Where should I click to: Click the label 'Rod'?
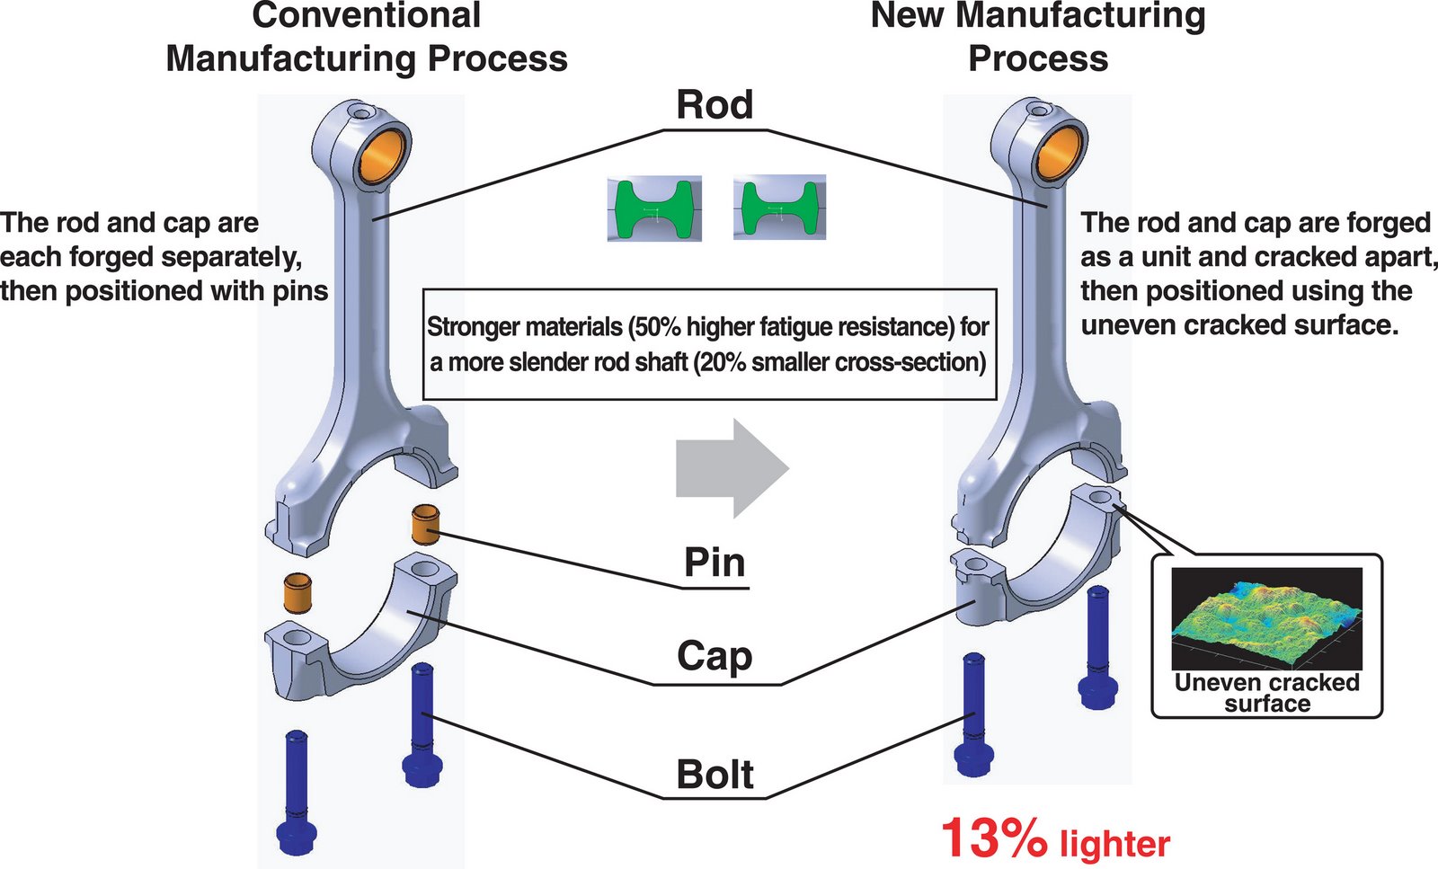coord(715,104)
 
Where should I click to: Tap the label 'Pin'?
coord(715,563)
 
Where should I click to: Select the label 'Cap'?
coord(715,656)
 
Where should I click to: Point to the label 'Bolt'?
coord(715,775)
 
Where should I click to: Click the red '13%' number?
coord(993,838)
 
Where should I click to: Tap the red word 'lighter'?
coord(1114,844)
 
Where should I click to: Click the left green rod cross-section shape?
coord(654,208)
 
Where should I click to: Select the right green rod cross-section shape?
coord(779,208)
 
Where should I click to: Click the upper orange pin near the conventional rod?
coord(425,525)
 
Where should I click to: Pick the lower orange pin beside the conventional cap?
coord(297,593)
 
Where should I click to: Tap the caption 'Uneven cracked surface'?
coord(1266,693)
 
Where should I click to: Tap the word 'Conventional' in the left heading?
coord(367,15)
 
